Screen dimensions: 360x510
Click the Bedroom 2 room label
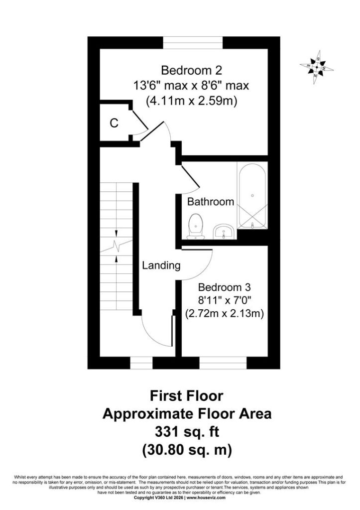pos(192,70)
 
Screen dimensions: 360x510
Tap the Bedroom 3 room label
pos(225,287)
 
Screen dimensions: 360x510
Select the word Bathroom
pos(211,202)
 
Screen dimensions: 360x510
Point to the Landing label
pos(161,266)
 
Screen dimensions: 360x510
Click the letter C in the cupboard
pos(114,123)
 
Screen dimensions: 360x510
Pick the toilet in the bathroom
pos(196,227)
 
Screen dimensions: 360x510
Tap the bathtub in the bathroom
pos(252,195)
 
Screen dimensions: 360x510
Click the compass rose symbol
pos(316,68)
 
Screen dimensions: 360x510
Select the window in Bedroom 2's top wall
pos(193,43)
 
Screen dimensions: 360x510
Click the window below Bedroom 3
pos(223,363)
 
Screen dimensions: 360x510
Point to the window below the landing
pos(141,363)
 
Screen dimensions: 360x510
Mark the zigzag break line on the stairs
pos(116,246)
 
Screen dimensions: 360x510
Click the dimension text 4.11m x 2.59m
pos(191,101)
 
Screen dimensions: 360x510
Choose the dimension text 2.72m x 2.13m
pos(225,314)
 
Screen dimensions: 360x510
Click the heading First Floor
pos(186,396)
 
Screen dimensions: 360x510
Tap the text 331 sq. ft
pos(187,432)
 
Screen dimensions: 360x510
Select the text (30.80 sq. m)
pos(187,450)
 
